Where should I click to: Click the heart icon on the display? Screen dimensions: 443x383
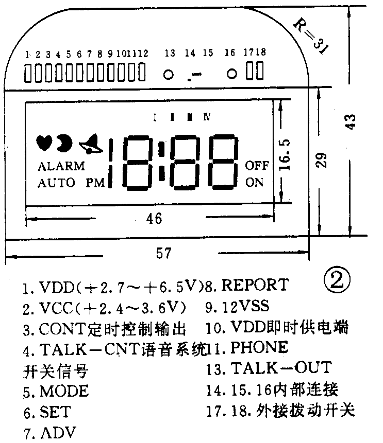coord(45,143)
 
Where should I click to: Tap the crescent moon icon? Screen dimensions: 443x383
coord(64,143)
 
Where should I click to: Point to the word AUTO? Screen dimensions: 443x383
coord(56,182)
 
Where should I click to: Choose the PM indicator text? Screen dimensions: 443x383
coord(95,182)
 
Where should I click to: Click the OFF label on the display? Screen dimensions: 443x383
coord(257,166)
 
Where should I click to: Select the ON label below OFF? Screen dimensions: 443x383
coord(254,182)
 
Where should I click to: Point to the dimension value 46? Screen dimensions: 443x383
coord(154,219)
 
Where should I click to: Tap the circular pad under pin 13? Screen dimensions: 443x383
coord(168,74)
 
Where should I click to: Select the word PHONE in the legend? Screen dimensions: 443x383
coord(259,347)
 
